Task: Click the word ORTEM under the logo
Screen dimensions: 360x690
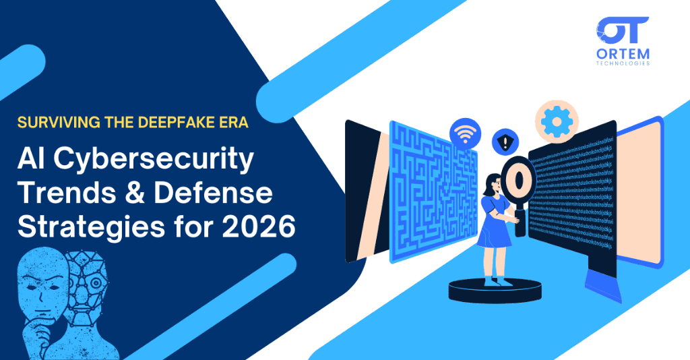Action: point(622,54)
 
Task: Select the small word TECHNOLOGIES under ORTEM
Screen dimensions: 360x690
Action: point(622,63)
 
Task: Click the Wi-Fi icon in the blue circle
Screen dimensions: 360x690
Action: point(465,132)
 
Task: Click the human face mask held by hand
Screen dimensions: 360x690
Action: point(43,283)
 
